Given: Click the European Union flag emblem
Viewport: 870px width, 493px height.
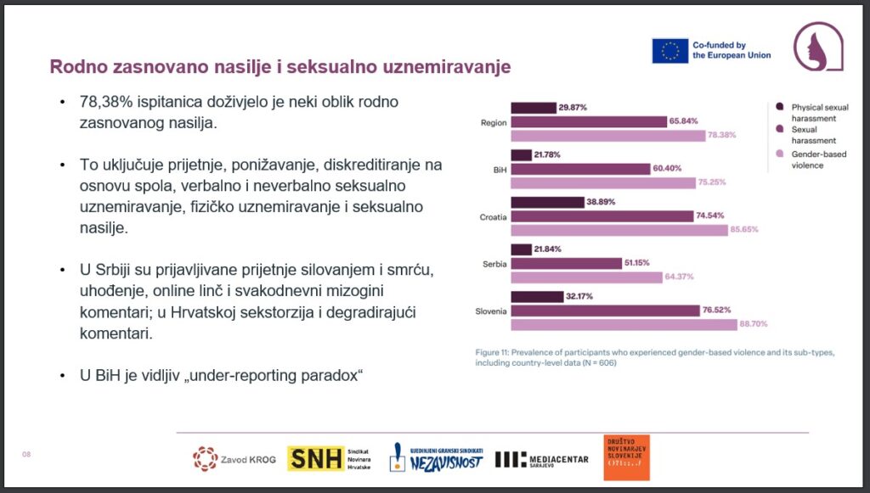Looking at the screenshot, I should [x=669, y=50].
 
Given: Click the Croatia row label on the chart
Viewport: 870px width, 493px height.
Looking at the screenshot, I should [x=493, y=216].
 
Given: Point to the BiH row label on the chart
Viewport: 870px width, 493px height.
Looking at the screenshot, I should [x=500, y=170].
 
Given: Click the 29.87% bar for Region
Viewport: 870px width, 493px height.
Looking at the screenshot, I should [x=533, y=108].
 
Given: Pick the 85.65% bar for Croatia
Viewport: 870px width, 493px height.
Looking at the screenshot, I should [x=619, y=230].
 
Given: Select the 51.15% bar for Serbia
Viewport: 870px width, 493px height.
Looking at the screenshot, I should [x=566, y=263].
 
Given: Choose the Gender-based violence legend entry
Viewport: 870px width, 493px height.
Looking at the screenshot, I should [x=807, y=160].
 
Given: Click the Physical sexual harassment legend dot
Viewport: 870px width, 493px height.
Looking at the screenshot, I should [x=779, y=107].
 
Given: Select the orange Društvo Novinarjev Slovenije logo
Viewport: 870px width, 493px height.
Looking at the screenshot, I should [x=626, y=458].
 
